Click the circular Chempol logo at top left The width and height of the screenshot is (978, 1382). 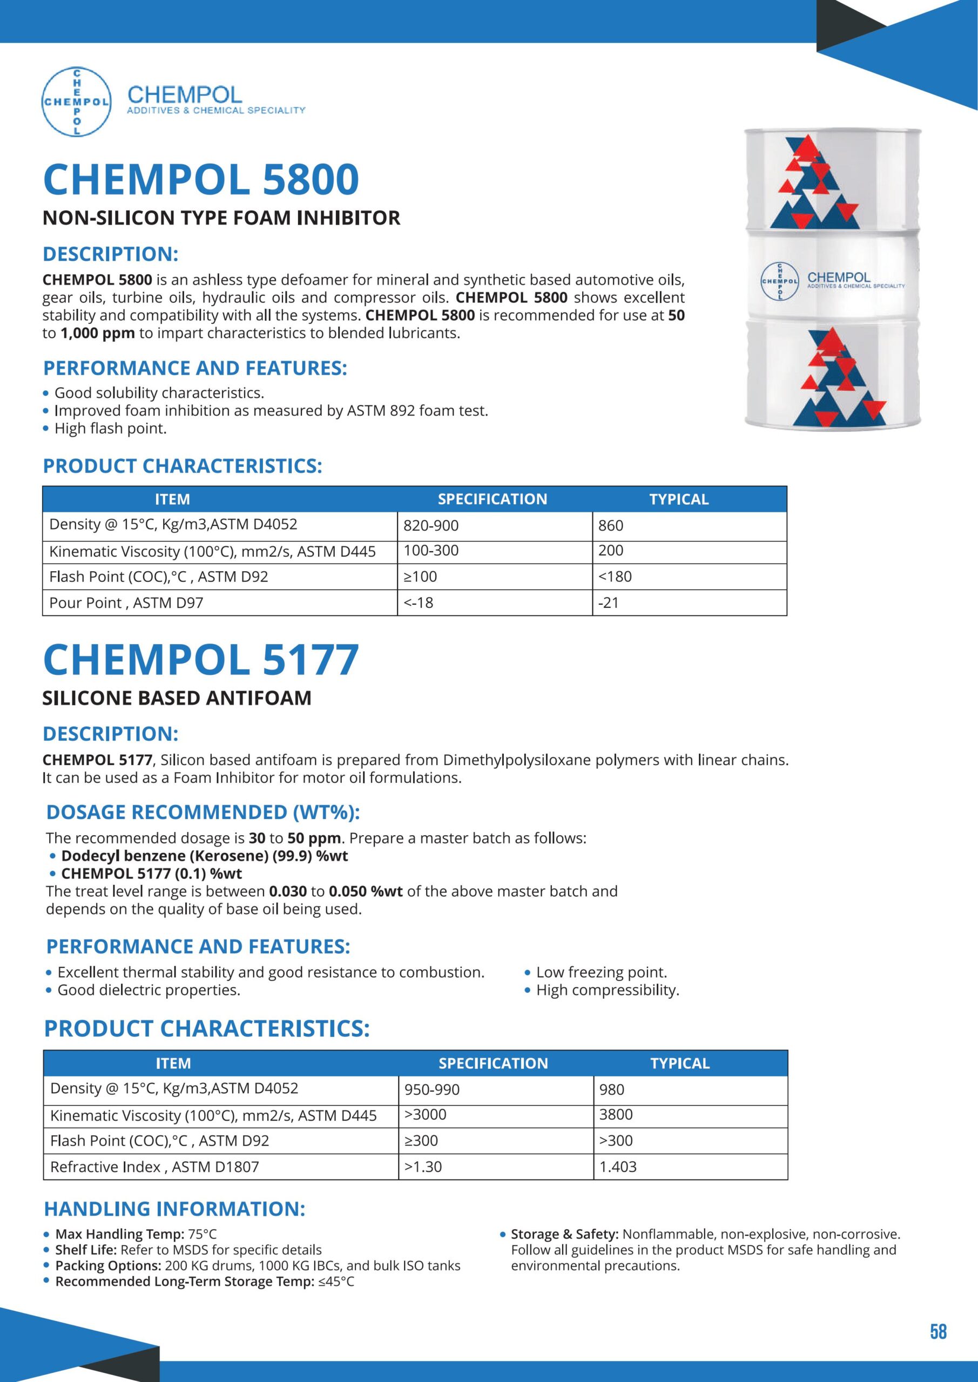pos(77,101)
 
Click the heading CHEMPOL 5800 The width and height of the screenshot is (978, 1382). pos(201,179)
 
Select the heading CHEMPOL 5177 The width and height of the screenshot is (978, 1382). pos(201,660)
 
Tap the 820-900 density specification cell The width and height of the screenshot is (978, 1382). pos(431,525)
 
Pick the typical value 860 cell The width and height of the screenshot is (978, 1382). pos(611,525)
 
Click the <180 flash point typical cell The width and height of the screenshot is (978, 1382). pos(615,577)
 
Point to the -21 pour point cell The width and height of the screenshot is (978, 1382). pos(609,602)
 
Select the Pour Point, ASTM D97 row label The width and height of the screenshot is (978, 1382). pos(126,602)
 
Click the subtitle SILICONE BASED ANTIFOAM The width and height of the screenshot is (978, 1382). pos(177,698)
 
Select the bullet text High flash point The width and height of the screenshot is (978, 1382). pos(111,429)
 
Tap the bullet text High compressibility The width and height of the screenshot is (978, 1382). pos(608,990)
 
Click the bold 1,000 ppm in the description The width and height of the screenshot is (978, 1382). pos(98,334)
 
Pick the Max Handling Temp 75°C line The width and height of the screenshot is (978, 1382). pos(136,1235)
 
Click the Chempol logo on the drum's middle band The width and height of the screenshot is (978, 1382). pos(780,281)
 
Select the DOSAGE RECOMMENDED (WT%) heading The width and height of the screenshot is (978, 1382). pos(203,812)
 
